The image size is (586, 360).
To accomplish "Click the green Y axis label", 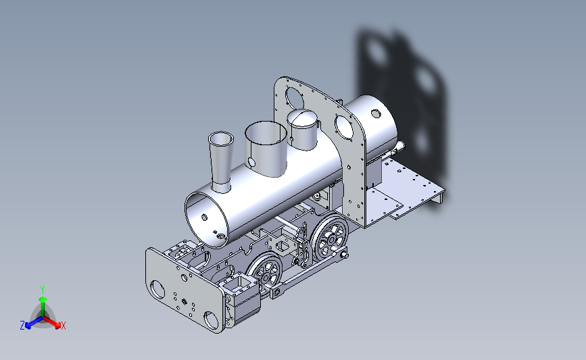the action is click(43, 290).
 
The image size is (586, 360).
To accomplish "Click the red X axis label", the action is click(63, 326).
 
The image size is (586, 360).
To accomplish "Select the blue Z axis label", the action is click(22, 326).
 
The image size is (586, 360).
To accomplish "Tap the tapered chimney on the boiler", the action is click(221, 161).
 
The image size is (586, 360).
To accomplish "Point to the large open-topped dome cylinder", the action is click(266, 149).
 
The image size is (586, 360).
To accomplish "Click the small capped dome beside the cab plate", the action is click(303, 130).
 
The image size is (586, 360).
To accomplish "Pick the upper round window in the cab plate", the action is click(294, 97).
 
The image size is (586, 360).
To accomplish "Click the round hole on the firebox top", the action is click(376, 113).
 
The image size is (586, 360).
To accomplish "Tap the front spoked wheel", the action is click(264, 273).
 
